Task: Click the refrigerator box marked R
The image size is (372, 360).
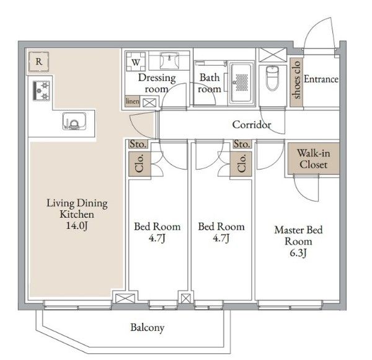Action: click(39, 61)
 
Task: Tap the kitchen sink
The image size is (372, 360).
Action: click(73, 121)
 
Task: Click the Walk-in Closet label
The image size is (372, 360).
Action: click(312, 159)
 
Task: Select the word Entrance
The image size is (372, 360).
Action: click(321, 79)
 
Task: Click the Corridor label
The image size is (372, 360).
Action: click(251, 125)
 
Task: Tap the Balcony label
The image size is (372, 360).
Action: click(147, 328)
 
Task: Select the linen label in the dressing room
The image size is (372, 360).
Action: click(133, 101)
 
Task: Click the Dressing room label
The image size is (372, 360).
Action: click(156, 83)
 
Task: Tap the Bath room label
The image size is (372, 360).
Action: click(209, 83)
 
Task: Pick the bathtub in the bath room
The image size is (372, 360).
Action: click(241, 83)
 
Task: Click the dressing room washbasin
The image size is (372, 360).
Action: click(168, 62)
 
